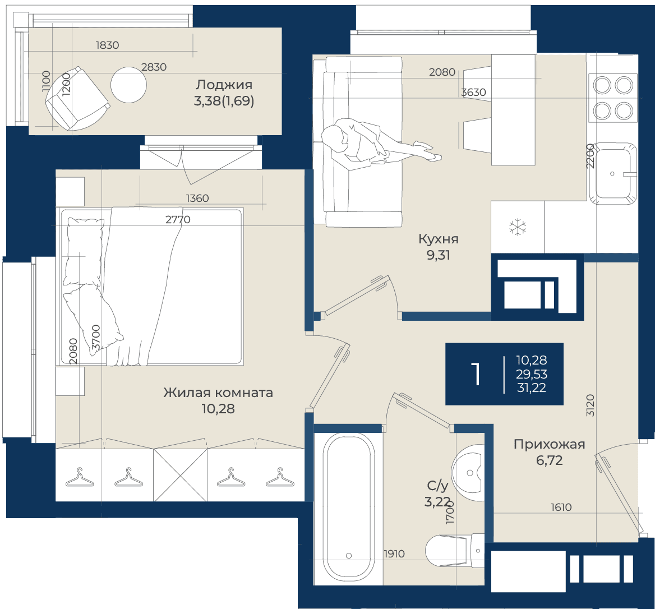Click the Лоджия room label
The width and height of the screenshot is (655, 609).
click(x=224, y=85)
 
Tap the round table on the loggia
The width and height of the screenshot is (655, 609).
click(x=128, y=85)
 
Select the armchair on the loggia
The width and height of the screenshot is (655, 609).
click(x=77, y=99)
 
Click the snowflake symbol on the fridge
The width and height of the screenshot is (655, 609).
click(x=518, y=227)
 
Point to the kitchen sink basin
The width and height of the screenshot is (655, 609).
click(x=613, y=173)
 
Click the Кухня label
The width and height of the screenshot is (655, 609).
click(x=438, y=239)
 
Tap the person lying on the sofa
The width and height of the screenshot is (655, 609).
click(x=376, y=145)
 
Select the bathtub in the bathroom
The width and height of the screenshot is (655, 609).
click(x=348, y=507)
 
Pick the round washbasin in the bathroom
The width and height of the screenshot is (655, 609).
click(x=468, y=472)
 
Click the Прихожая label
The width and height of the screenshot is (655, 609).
click(x=550, y=444)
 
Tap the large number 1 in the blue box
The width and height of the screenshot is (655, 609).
click(x=476, y=374)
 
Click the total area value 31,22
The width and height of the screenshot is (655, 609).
click(x=532, y=387)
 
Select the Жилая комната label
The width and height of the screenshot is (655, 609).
click(x=218, y=393)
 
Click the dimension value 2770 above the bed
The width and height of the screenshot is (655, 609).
click(x=178, y=219)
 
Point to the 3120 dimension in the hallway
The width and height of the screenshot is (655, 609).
click(x=590, y=405)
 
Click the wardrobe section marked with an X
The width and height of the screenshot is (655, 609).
click(x=181, y=475)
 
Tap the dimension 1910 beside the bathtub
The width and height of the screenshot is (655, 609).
click(x=394, y=554)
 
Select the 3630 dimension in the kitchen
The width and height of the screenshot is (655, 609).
click(x=473, y=92)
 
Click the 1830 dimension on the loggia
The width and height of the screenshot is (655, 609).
click(x=107, y=45)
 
